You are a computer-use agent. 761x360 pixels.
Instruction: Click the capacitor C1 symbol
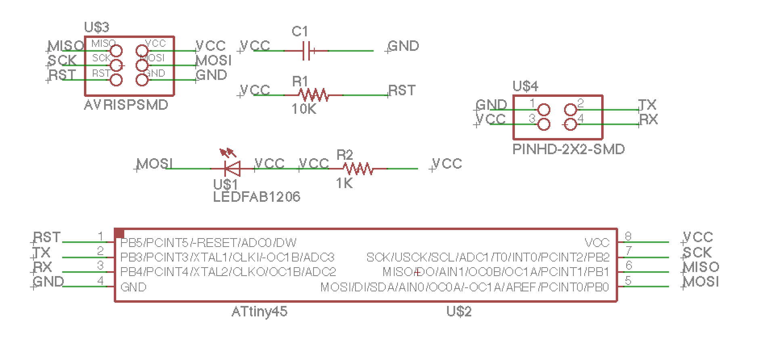pos(306,51)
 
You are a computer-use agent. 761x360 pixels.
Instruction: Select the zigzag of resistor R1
pos(313,95)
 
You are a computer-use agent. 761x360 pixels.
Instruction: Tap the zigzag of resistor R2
pos(358,169)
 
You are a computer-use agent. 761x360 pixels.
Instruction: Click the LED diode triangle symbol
pos(233,169)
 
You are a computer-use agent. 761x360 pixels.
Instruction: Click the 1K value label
pos(344,184)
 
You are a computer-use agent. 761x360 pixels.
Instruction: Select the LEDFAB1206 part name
pos(257,197)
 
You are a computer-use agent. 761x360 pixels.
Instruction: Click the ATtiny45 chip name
pos(259,312)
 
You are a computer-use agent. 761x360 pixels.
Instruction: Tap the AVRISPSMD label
pos(126,105)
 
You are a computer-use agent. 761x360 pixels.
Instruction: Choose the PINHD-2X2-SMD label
pos(569,149)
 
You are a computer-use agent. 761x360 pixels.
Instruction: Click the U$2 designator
pos(459,312)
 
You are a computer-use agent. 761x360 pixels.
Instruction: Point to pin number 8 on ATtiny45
pos(628,236)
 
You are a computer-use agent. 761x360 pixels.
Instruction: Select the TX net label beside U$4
pos(648,105)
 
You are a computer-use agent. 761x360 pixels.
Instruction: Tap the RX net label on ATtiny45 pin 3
pos(43,267)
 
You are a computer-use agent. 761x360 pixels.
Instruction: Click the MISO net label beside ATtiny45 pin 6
pos(701,267)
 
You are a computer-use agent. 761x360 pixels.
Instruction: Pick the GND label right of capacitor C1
pos(403,46)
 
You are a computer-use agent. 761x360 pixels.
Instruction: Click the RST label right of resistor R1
pos(402,90)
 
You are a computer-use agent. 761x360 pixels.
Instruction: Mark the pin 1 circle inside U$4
pos(544,110)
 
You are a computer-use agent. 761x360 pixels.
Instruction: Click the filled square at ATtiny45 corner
pos(119,233)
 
